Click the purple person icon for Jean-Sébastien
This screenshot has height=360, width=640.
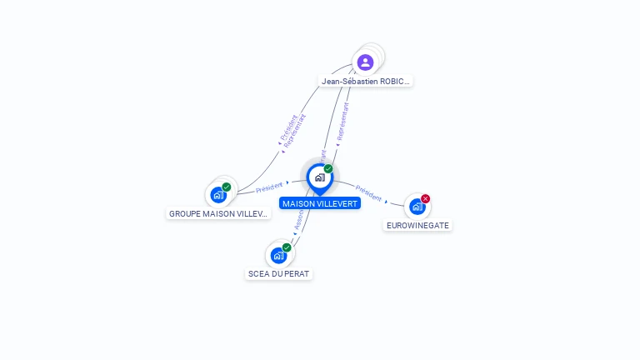(x=365, y=62)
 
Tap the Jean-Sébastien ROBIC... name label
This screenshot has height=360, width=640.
(x=366, y=82)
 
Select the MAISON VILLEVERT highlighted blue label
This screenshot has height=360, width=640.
(x=320, y=203)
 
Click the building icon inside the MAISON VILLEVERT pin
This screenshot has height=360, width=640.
(x=319, y=177)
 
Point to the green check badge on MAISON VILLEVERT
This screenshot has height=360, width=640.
(x=328, y=168)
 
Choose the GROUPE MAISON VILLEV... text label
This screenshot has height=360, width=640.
(x=219, y=213)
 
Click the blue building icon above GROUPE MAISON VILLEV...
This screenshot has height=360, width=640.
(x=218, y=195)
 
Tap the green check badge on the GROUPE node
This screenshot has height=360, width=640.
(x=227, y=187)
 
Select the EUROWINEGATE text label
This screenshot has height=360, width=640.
(x=417, y=225)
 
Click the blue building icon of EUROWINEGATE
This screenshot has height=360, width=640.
(x=417, y=206)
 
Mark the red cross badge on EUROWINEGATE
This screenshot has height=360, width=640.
(x=426, y=198)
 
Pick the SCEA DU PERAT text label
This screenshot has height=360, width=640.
(x=278, y=273)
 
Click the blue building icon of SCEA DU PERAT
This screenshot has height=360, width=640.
(x=278, y=255)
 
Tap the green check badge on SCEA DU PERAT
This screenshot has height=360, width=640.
(x=287, y=247)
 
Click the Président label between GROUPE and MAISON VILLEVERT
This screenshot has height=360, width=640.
(x=269, y=187)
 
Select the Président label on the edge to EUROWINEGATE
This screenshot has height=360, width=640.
(x=368, y=192)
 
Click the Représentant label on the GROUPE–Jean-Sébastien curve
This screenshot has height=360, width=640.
(x=295, y=132)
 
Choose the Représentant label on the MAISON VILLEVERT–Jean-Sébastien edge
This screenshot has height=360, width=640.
(x=342, y=122)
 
